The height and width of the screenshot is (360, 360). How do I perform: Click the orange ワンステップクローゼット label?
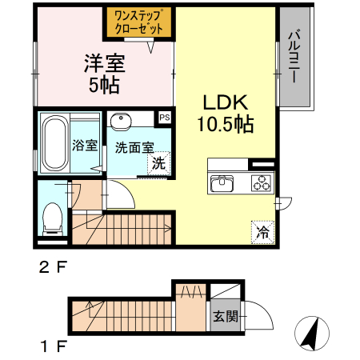pyautogui.click(x=138, y=22)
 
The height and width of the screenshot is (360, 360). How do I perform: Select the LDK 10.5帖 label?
pyautogui.click(x=227, y=114)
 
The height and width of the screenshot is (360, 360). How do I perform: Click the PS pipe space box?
pyautogui.click(x=165, y=118)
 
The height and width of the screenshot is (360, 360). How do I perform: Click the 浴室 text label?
pyautogui.click(x=85, y=146)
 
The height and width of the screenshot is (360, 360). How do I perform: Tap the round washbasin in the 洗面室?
pyautogui.click(x=122, y=122)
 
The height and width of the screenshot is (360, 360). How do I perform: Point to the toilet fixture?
pyautogui.click(x=53, y=215)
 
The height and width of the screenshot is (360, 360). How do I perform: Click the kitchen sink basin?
pyautogui.click(x=222, y=182)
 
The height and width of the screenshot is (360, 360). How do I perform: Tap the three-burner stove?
pyautogui.click(x=261, y=182)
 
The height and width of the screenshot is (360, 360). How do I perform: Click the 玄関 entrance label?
pyautogui.click(x=225, y=316)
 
